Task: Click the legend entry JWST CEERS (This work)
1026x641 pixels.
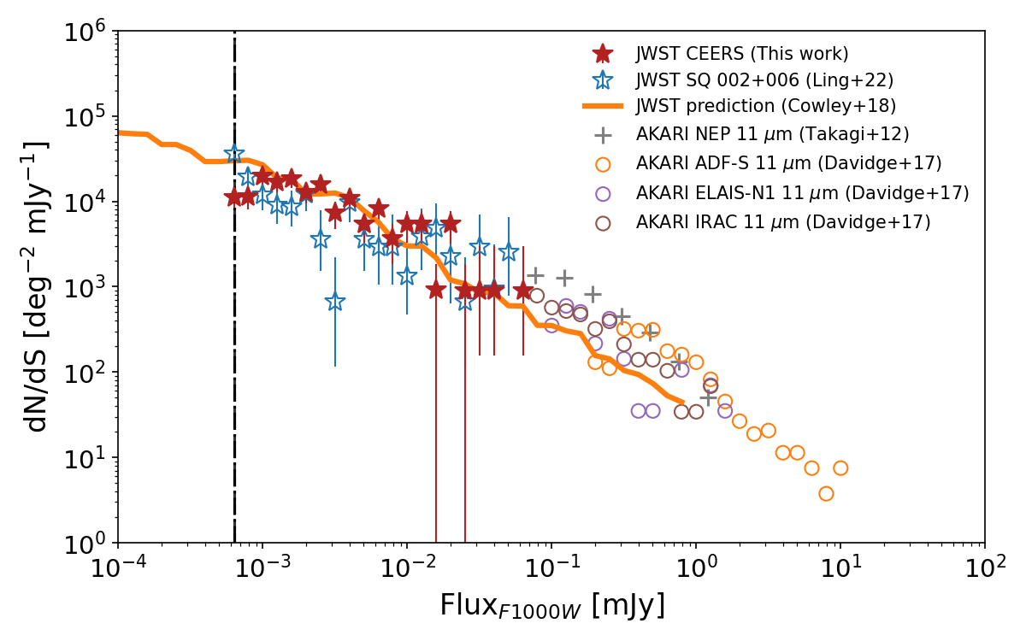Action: point(741,54)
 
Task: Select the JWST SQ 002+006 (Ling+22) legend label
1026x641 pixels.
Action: point(764,80)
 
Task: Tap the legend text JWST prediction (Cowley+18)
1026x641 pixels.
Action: point(765,107)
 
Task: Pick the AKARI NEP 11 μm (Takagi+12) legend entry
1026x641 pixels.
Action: point(772,134)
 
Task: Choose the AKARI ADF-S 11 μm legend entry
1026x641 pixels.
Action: point(788,163)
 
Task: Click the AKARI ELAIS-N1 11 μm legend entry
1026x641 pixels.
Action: point(802,193)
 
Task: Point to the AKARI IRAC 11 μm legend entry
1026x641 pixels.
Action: point(782,222)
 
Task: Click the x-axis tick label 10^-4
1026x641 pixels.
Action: point(118,568)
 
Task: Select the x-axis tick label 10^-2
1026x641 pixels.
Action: point(407,568)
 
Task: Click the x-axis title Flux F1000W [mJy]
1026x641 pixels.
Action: point(551,607)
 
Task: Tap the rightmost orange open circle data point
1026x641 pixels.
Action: point(840,468)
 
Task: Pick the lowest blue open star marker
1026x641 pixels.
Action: point(335,302)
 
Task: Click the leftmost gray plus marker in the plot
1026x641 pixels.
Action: point(535,275)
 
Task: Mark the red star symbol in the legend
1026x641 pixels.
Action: point(604,54)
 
